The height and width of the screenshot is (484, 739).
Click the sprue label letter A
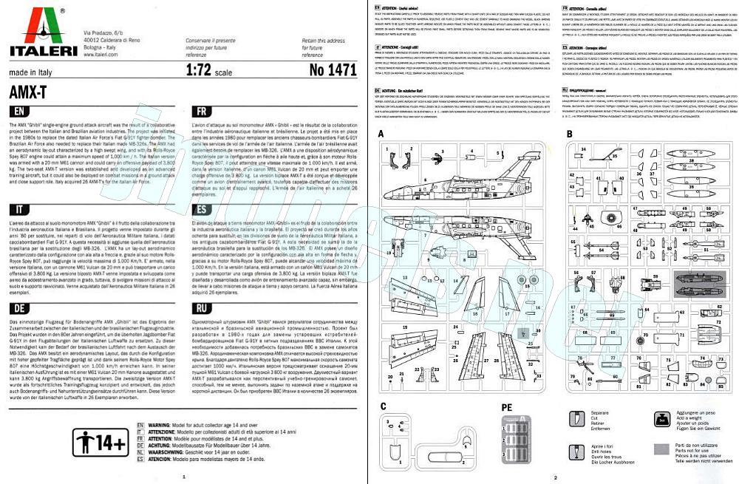pyautogui.click(x=381, y=134)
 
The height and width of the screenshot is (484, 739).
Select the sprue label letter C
pyautogui.click(x=383, y=406)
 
